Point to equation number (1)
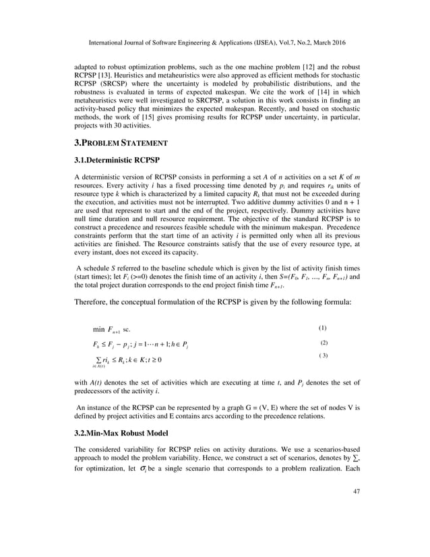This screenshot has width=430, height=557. pos(321,328)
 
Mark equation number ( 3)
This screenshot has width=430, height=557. pos(323,355)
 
